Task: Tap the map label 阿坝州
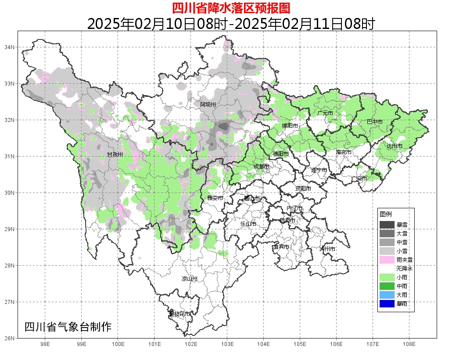point(208,104)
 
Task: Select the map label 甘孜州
point(115,155)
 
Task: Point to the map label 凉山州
point(190,279)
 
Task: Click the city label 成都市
point(262,167)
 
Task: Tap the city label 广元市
point(325,113)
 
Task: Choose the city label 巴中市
point(374,122)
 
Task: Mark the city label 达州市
point(395,146)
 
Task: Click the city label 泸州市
point(327,249)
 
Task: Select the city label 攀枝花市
point(180,314)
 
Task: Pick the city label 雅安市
point(215,198)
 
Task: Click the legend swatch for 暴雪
point(387,225)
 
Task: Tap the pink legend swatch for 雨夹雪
point(387,260)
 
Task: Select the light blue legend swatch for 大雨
point(387,295)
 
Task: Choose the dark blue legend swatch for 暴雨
point(387,303)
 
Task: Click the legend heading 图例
point(386,214)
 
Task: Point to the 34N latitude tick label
point(10,47)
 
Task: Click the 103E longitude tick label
point(227,344)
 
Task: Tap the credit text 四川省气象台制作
point(68,327)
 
